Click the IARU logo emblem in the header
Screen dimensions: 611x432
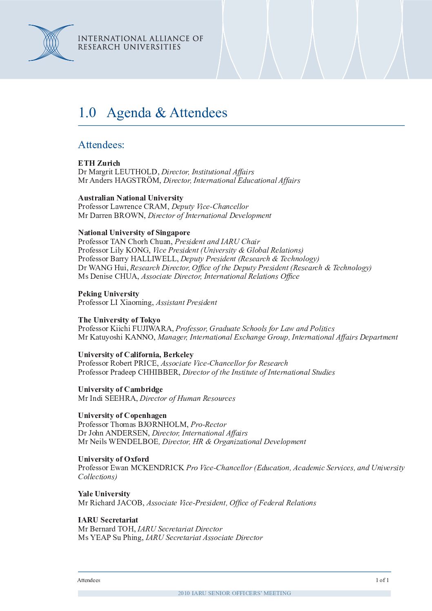(x=51, y=43)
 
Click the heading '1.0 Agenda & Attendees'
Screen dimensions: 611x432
(x=153, y=113)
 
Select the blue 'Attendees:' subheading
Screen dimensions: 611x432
(x=101, y=145)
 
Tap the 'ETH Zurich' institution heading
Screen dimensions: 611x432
(x=99, y=163)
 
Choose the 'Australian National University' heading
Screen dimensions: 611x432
(x=130, y=198)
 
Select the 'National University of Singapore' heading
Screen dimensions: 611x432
(x=134, y=233)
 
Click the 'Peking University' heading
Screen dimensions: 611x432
(x=108, y=294)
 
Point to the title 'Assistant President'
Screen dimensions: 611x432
(x=186, y=302)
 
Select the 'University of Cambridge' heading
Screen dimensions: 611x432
(x=120, y=389)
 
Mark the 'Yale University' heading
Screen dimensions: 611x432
(x=104, y=494)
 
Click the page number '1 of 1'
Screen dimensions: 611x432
(x=382, y=580)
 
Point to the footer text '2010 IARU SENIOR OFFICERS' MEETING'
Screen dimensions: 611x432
(x=234, y=593)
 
